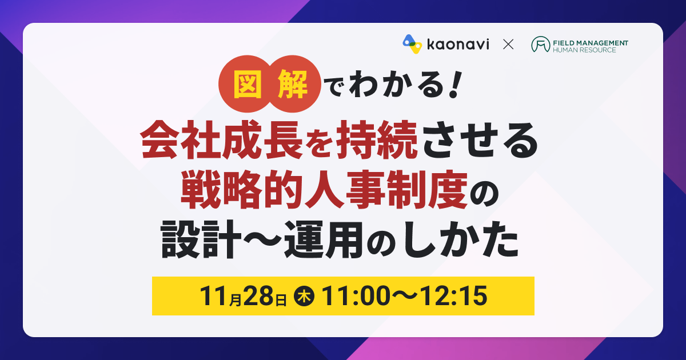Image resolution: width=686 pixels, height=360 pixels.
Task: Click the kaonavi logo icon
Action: click(x=412, y=44)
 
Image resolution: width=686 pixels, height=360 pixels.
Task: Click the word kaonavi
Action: click(x=458, y=45)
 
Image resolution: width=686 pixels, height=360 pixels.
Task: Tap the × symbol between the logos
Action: click(x=508, y=45)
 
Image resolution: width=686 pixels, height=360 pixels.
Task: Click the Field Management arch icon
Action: click(x=541, y=44)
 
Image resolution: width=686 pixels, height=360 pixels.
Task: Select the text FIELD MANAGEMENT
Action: click(x=591, y=43)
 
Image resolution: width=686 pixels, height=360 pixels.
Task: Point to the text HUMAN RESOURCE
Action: click(x=584, y=50)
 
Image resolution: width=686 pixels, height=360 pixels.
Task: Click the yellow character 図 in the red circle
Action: click(x=248, y=84)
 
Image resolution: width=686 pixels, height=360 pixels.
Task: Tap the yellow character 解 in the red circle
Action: click(x=292, y=84)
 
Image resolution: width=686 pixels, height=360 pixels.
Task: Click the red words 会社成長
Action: click(x=221, y=140)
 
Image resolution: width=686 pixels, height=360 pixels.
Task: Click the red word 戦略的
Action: click(x=242, y=190)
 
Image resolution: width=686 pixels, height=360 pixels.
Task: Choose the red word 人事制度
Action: click(x=386, y=190)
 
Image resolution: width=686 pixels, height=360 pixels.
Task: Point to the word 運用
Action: click(x=324, y=239)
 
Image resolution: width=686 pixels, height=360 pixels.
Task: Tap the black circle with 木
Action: click(x=304, y=296)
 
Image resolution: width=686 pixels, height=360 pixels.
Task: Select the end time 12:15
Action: click(x=453, y=296)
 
